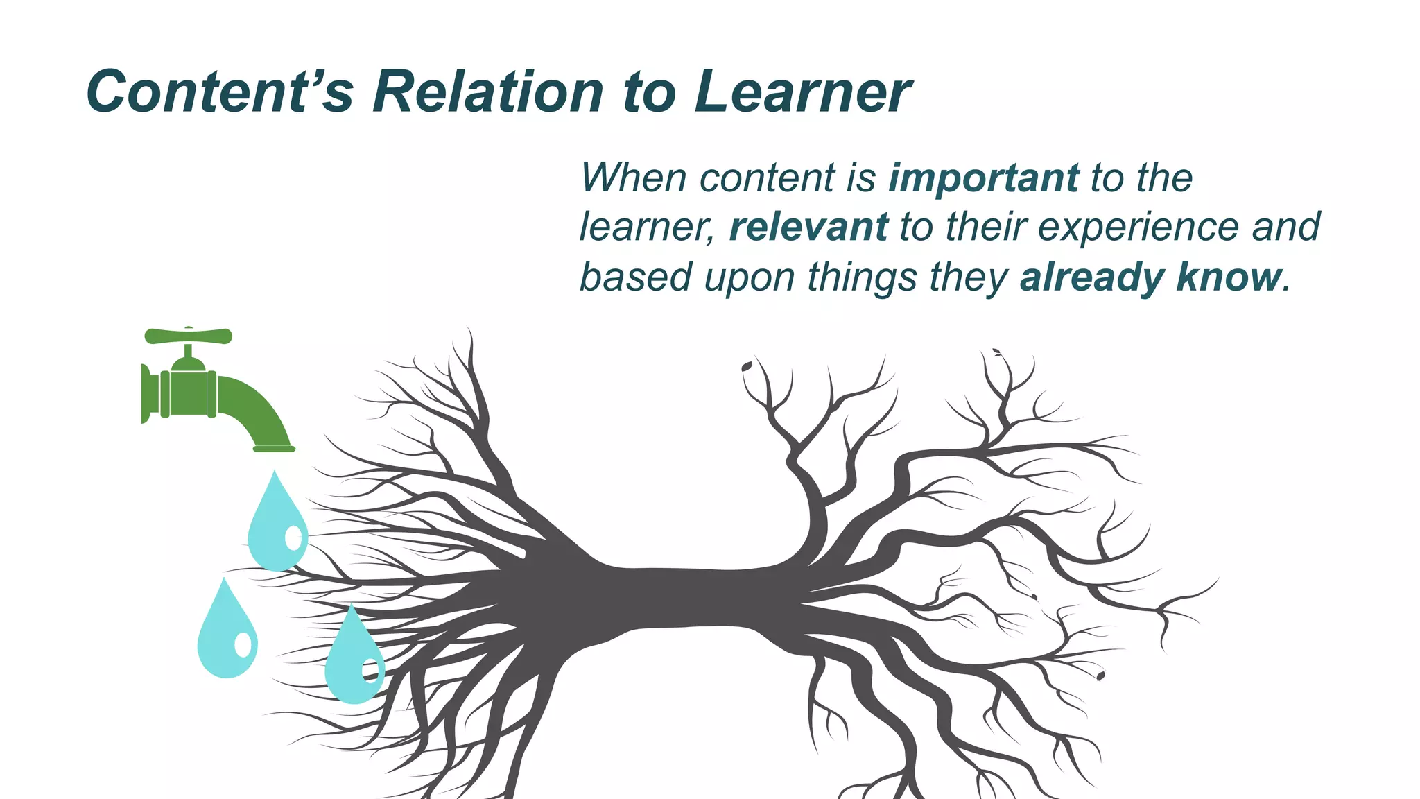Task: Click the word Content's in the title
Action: click(220, 92)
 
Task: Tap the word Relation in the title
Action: click(489, 92)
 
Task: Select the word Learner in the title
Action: click(803, 92)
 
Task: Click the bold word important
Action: click(984, 178)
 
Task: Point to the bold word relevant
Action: click(808, 227)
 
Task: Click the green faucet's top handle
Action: click(188, 336)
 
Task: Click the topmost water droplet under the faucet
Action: click(277, 524)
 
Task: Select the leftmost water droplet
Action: click(227, 631)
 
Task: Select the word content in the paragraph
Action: click(768, 178)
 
